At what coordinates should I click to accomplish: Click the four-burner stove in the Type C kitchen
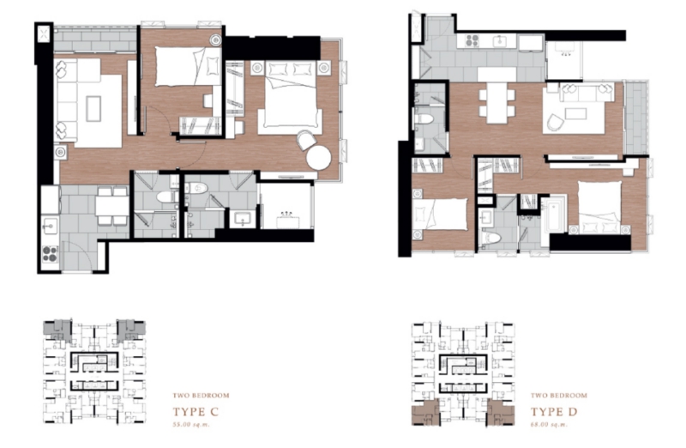coord(50,254)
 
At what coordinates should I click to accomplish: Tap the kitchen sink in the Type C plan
coord(50,227)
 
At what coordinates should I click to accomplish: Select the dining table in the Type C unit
coord(112,205)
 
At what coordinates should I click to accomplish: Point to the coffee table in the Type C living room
coord(93,109)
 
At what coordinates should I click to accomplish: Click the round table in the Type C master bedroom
coord(318,158)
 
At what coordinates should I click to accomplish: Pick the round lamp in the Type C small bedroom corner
coord(215,39)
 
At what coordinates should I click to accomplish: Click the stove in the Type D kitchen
coord(472,41)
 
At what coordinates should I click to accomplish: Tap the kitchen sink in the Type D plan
coord(499,41)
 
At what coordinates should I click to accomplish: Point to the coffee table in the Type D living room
coord(575,114)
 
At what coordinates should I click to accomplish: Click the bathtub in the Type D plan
coord(554,216)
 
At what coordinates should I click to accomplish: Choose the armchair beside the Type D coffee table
coord(555,122)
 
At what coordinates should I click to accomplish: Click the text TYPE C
coord(196,412)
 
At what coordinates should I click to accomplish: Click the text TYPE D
coord(554,412)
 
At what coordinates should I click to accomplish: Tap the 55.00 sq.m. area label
coord(191,424)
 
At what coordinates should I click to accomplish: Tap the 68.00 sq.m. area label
coord(549,424)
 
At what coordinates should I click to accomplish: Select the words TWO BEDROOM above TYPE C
coord(201,396)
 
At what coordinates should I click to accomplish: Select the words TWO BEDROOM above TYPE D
coord(559,396)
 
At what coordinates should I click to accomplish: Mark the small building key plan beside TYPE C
coord(94,372)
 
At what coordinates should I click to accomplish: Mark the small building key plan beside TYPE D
coord(463,373)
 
